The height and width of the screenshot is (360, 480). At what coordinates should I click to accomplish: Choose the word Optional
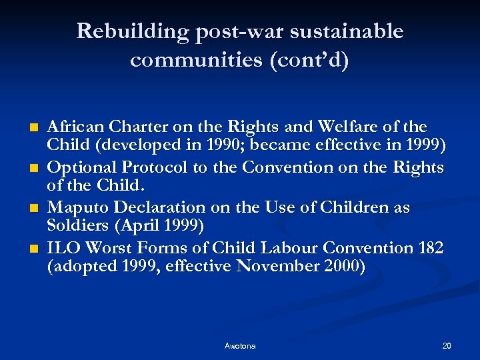[83, 167]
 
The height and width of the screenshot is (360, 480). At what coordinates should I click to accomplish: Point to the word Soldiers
[78, 226]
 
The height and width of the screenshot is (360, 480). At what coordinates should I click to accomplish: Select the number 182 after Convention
[431, 248]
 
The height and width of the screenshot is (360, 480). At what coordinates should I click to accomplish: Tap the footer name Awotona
[239, 345]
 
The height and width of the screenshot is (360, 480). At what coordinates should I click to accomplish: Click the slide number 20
[446, 345]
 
